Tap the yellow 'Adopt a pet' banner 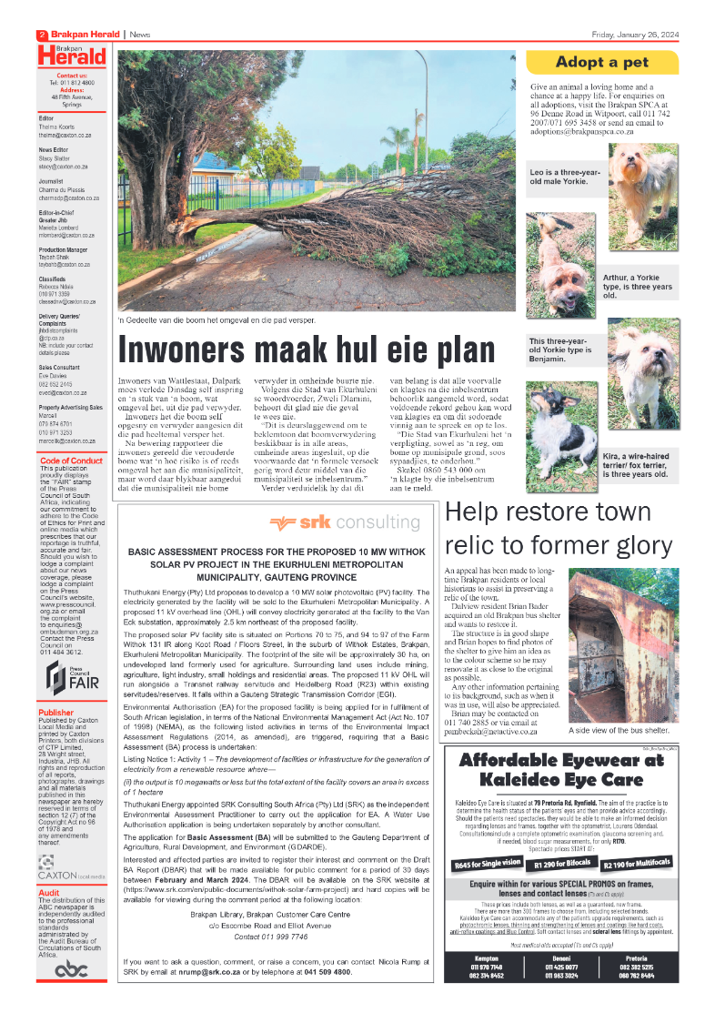pos(602,63)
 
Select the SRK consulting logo pos(345,522)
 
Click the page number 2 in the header pos(43,35)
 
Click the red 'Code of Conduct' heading pos(72,461)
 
